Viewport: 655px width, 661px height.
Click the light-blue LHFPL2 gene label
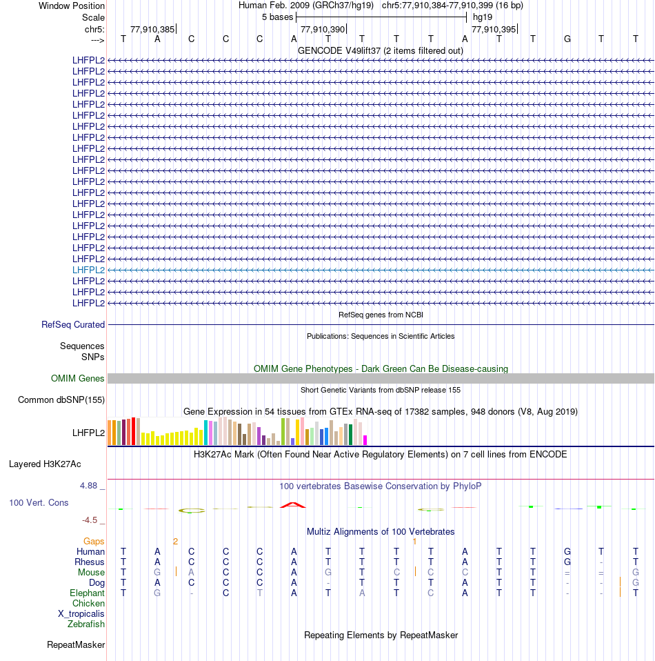(88, 270)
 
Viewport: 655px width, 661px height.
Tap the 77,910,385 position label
(152, 29)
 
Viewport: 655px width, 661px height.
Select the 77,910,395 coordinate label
(493, 29)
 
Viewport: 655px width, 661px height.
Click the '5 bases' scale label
(277, 17)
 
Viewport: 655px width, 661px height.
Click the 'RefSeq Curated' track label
(73, 324)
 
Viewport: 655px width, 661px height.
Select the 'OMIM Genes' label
(78, 378)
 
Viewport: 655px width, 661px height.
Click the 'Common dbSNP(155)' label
(61, 399)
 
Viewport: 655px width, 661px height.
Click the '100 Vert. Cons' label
(39, 502)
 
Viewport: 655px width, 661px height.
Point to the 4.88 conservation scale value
(90, 486)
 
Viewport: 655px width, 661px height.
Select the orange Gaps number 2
(175, 542)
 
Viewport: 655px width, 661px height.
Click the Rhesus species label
(90, 562)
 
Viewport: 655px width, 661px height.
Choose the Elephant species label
(87, 593)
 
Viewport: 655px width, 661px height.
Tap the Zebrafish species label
(86, 624)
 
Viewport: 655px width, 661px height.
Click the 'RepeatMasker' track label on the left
(76, 645)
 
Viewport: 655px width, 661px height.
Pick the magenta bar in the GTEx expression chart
(365, 440)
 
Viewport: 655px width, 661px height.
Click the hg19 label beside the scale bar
(482, 17)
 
